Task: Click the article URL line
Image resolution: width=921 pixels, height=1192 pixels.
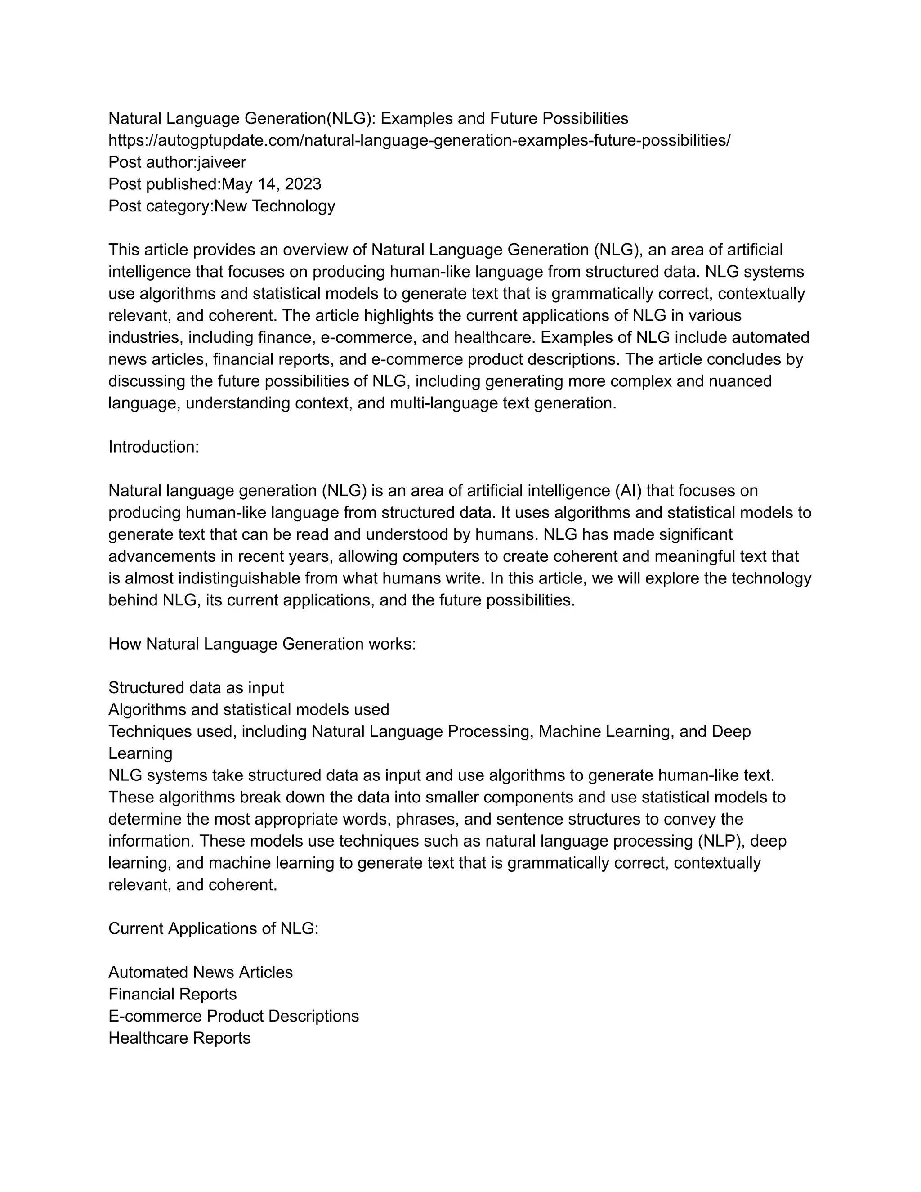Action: pos(419,140)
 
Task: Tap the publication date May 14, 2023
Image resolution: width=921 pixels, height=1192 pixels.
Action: pos(271,184)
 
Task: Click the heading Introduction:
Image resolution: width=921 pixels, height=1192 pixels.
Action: pos(153,447)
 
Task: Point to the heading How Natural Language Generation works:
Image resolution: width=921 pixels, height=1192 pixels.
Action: pos(262,644)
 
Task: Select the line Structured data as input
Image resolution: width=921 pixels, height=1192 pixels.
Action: pos(196,687)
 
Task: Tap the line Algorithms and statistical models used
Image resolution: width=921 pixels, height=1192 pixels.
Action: pos(248,709)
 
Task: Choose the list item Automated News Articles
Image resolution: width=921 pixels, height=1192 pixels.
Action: pos(200,972)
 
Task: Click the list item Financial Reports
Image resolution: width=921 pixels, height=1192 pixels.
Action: pos(172,994)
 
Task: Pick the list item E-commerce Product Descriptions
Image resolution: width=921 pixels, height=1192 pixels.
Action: pos(233,1016)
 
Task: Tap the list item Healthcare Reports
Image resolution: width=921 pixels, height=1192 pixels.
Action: pos(179,1038)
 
